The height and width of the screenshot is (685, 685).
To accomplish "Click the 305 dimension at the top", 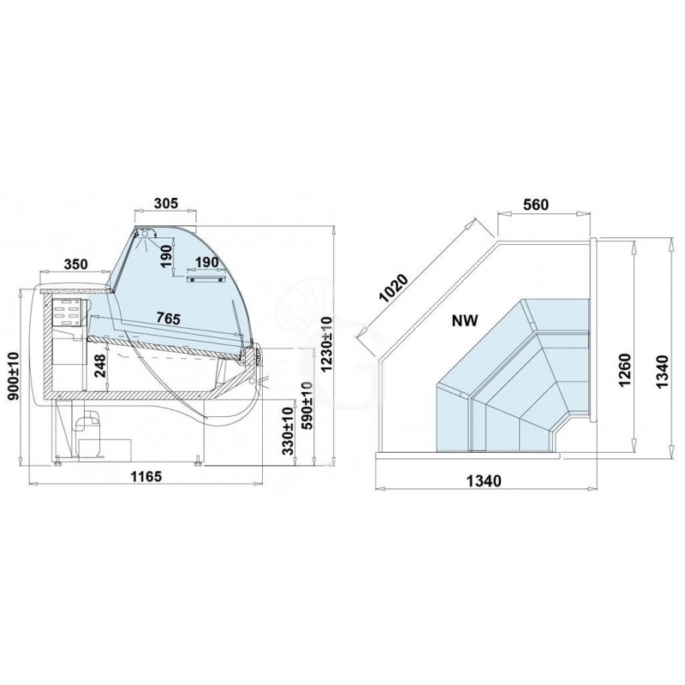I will coord(165,203).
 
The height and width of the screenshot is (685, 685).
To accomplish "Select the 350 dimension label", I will coord(75,265).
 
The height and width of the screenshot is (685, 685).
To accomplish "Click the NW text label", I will coord(464,322).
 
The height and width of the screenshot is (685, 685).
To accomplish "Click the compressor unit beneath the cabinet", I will coord(88,433).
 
